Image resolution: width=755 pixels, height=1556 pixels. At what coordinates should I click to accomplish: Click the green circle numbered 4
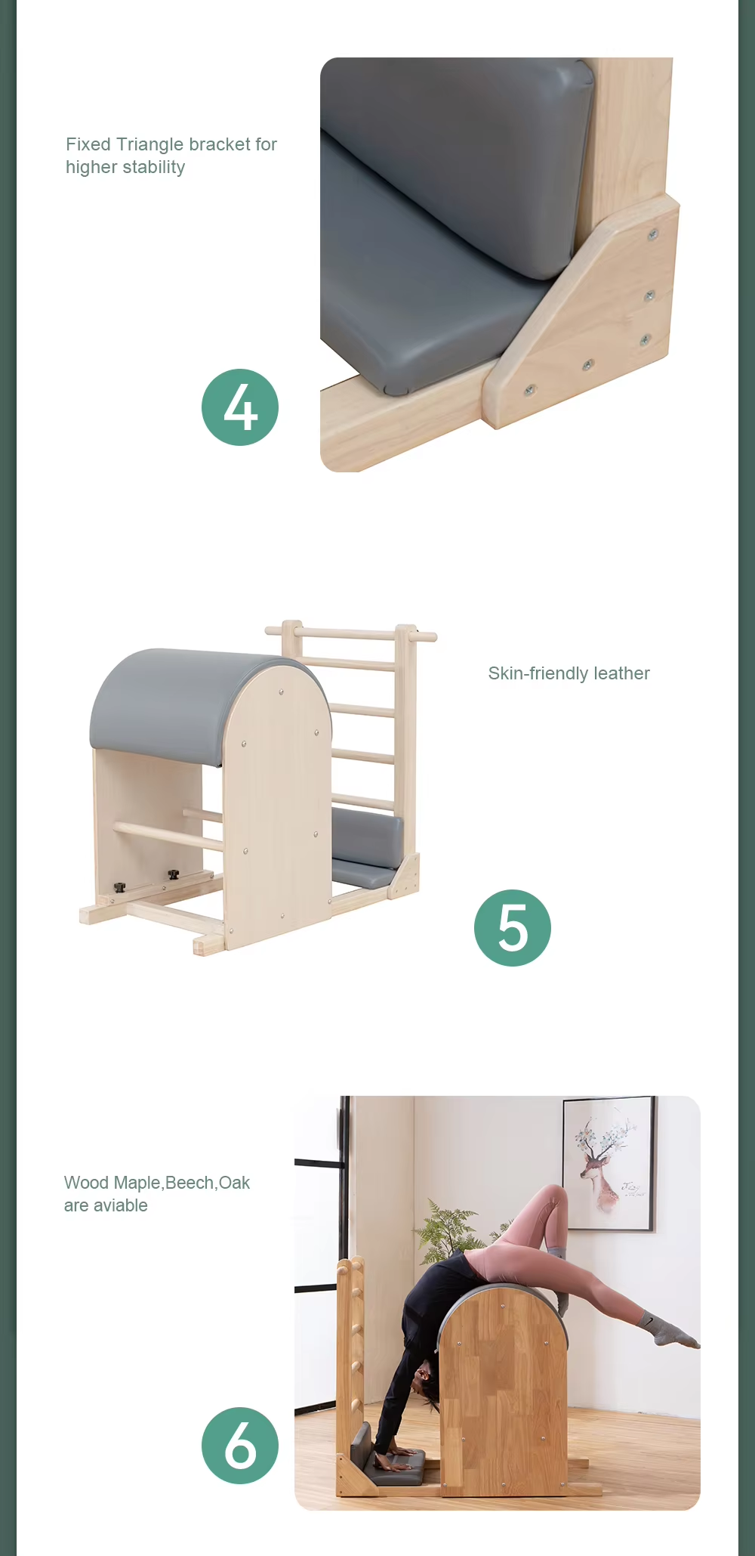(240, 407)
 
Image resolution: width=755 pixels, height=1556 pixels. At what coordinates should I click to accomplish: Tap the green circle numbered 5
(513, 928)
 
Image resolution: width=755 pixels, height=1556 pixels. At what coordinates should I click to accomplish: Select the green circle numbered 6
(240, 1446)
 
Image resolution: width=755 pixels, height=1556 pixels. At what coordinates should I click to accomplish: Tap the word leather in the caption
(621, 673)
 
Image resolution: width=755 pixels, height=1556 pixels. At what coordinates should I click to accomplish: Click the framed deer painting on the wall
(609, 1163)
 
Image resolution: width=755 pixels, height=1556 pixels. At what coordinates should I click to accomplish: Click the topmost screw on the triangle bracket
(653, 235)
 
